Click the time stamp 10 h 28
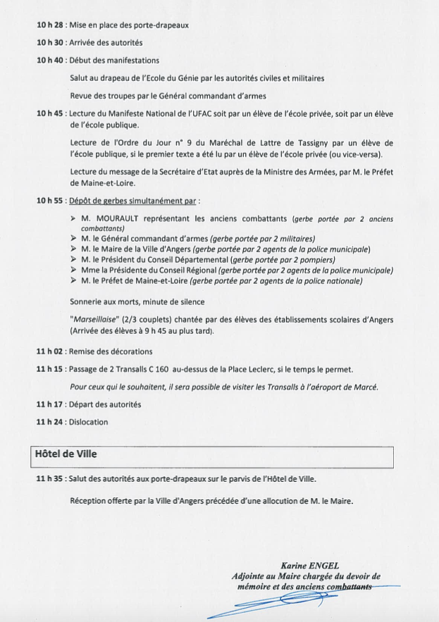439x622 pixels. pos(49,25)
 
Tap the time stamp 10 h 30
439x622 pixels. pos(49,42)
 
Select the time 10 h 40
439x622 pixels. pos(49,60)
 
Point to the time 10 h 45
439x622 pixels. pos(49,113)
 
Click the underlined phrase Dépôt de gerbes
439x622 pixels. pos(103,201)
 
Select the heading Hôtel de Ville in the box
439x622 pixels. pos(66,454)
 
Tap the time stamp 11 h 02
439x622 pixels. pos(49,352)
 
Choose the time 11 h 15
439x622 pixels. pos(49,369)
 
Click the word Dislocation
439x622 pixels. pos(89,422)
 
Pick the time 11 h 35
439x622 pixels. pos(49,479)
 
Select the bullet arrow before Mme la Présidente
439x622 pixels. pos(74,270)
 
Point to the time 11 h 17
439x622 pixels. pos(49,404)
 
